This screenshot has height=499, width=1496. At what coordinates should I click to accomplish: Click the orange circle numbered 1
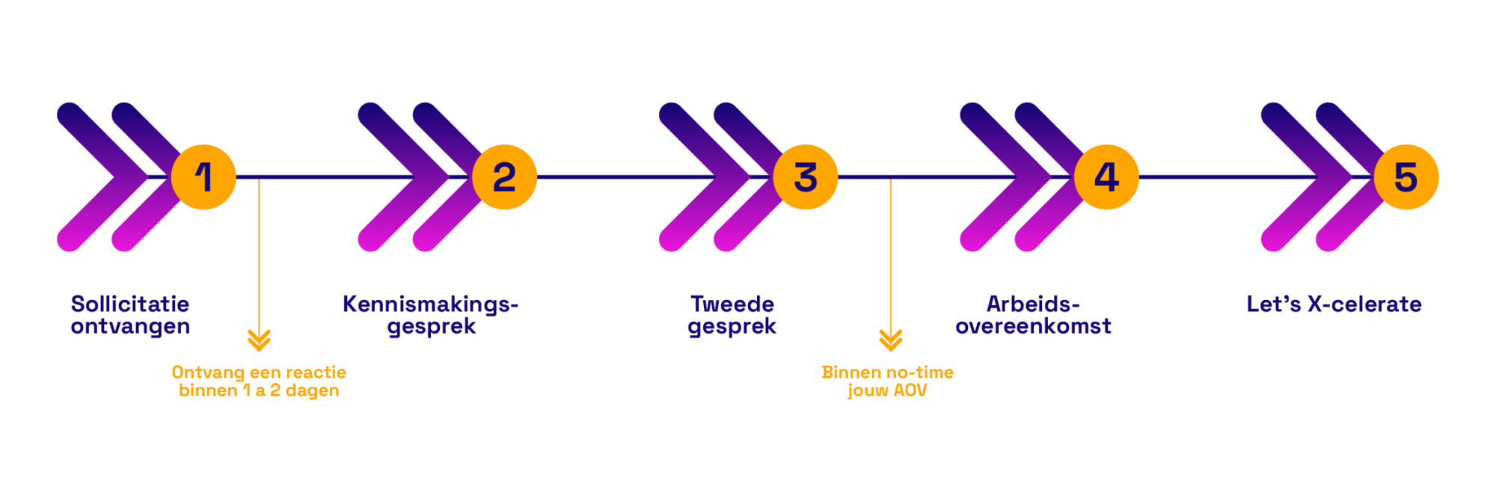click(x=203, y=177)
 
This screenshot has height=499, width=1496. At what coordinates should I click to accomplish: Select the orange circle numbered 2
click(x=505, y=177)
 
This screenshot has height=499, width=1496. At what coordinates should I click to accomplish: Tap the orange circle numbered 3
click(x=806, y=177)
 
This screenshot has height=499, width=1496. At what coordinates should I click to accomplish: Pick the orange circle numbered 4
click(x=1107, y=177)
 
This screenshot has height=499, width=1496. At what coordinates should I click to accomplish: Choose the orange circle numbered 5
click(x=1407, y=177)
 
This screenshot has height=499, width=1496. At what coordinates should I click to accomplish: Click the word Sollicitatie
click(x=130, y=304)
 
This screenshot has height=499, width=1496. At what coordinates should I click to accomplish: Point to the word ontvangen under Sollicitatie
click(x=130, y=326)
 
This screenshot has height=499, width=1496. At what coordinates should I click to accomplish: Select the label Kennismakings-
click(x=430, y=304)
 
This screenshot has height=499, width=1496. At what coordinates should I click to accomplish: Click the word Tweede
click(x=732, y=304)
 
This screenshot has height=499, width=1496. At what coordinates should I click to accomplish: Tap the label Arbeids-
click(x=1032, y=304)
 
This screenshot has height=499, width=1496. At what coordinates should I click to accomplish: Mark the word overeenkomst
click(x=1033, y=326)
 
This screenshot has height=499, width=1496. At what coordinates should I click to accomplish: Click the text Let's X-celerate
click(x=1334, y=304)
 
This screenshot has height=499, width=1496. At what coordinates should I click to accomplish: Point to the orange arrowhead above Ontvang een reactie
click(x=259, y=340)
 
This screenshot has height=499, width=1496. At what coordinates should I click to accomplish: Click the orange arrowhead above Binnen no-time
click(x=891, y=340)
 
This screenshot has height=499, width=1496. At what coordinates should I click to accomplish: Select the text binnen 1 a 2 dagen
click(x=259, y=391)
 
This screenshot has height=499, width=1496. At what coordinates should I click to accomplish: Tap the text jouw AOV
click(x=888, y=391)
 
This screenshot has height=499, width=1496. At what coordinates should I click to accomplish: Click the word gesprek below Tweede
click(x=732, y=326)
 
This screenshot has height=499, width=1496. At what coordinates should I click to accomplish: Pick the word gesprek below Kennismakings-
click(x=432, y=326)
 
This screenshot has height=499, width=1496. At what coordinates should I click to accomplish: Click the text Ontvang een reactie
click(x=259, y=372)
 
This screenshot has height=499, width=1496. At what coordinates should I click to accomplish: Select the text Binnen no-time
click(x=888, y=372)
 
